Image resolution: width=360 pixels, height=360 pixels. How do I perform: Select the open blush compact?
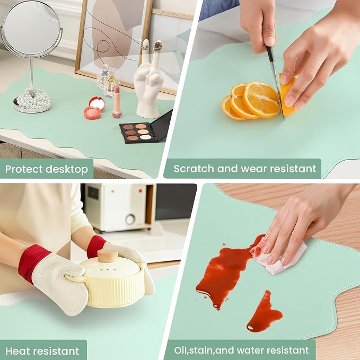coord(94,108)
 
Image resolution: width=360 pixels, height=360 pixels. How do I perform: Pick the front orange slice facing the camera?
coord(261,100)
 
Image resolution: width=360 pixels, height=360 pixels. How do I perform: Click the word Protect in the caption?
coord(24,169)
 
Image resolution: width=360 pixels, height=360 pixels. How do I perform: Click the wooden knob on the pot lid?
coord(108,256)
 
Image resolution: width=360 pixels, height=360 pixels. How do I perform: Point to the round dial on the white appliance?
coord(130,219)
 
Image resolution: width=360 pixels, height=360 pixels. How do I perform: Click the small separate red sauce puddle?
coord(264,312)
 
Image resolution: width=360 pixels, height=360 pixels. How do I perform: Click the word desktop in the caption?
coord(67,170)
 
